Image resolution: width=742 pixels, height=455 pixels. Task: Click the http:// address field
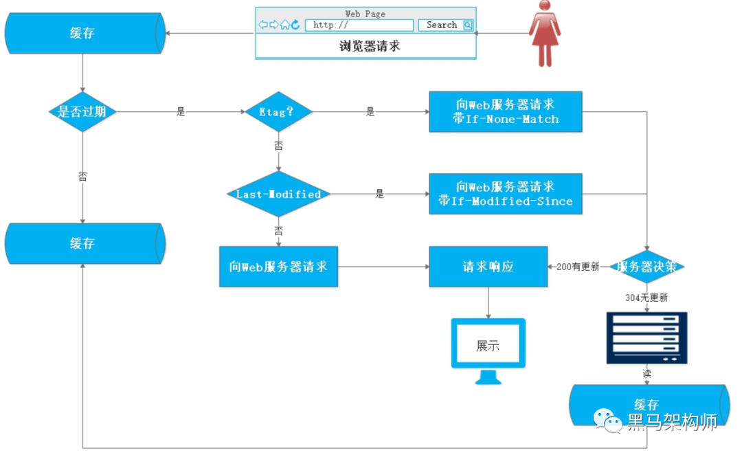[359, 25]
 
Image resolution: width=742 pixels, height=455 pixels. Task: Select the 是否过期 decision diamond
[82, 111]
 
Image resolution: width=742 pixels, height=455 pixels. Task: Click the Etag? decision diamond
[278, 111]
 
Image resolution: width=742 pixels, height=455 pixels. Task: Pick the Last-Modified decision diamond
[278, 195]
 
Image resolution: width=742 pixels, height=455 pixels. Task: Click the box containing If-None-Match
[505, 111]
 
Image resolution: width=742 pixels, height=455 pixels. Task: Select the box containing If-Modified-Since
[505, 194]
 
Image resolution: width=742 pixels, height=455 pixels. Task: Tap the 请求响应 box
[488, 267]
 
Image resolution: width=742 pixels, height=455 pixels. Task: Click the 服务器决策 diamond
[647, 267]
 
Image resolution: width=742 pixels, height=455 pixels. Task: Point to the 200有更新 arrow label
[578, 267]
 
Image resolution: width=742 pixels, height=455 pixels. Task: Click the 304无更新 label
[647, 298]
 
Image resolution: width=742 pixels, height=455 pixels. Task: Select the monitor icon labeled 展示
[488, 348]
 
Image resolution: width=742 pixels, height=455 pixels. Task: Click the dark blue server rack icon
[647, 337]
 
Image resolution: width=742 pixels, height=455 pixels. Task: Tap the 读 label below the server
[647, 375]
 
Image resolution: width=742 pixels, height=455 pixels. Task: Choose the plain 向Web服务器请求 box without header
[278, 267]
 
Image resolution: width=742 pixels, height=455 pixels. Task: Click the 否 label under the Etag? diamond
[278, 146]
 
